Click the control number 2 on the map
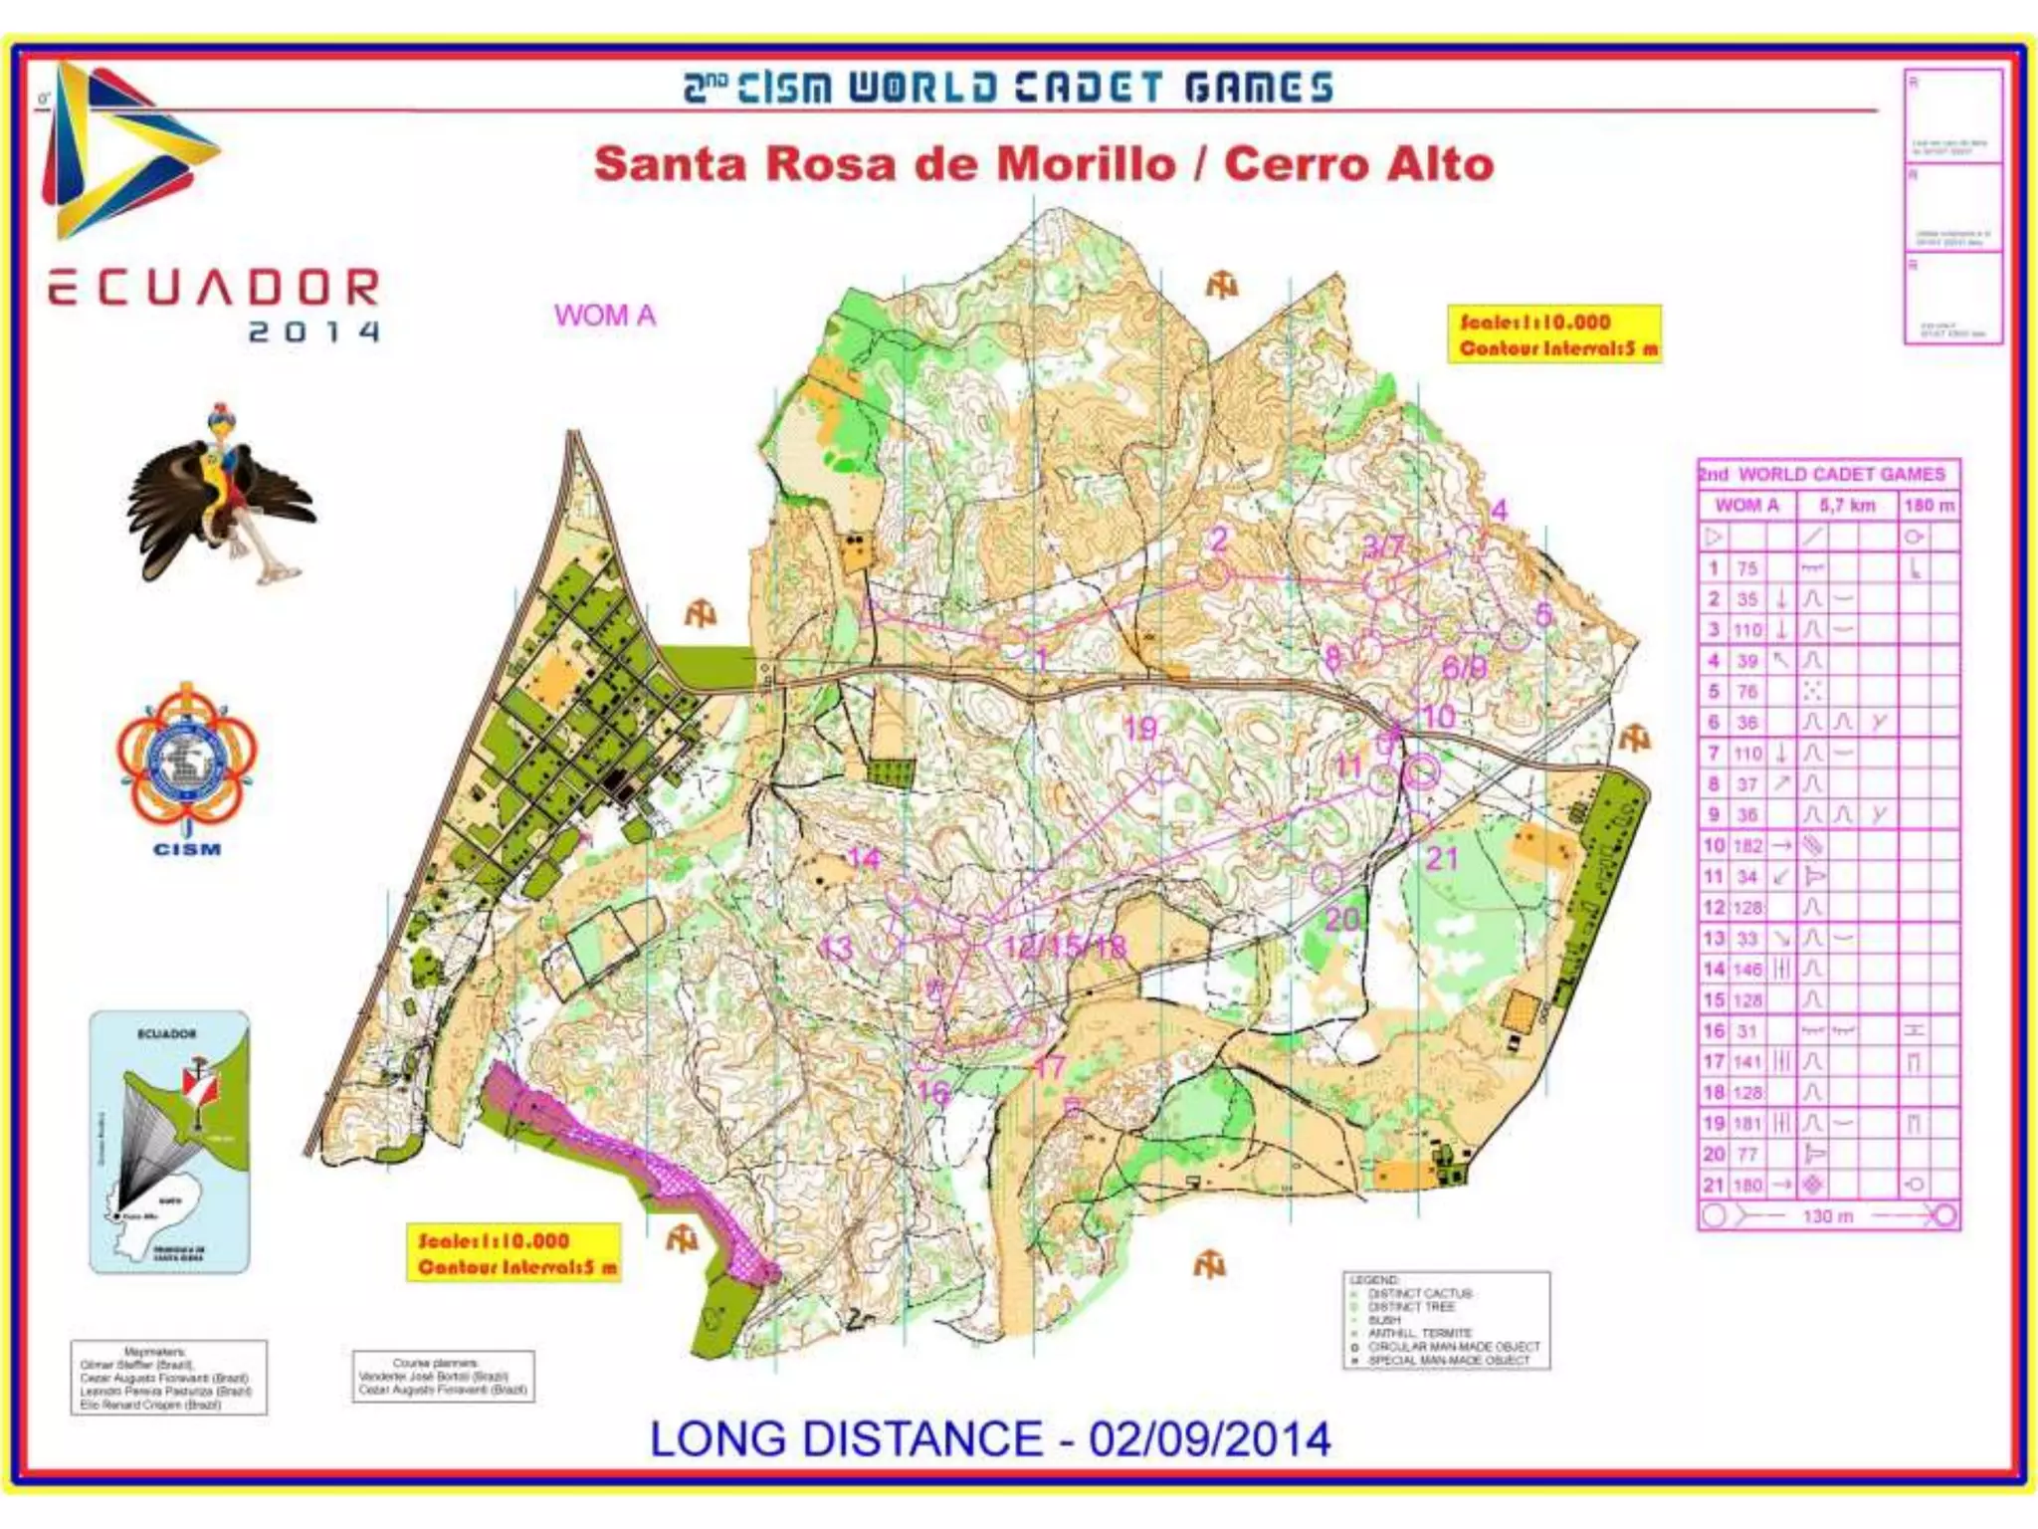click(1219, 539)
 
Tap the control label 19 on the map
click(1140, 729)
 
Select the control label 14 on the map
click(863, 858)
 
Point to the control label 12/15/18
click(1064, 947)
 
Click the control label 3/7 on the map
click(1383, 546)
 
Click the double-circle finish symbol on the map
click(1423, 770)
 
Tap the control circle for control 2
click(1212, 574)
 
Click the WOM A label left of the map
click(605, 316)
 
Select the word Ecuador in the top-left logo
click(214, 289)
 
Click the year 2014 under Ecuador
click(313, 331)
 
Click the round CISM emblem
click(186, 762)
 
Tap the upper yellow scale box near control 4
click(1553, 334)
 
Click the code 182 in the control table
click(1746, 846)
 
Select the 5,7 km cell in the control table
click(1846, 506)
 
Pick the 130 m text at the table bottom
click(1827, 1216)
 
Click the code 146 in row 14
click(1746, 970)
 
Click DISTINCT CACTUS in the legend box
click(1420, 1294)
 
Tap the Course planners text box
click(443, 1377)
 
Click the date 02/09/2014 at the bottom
click(1209, 1439)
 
